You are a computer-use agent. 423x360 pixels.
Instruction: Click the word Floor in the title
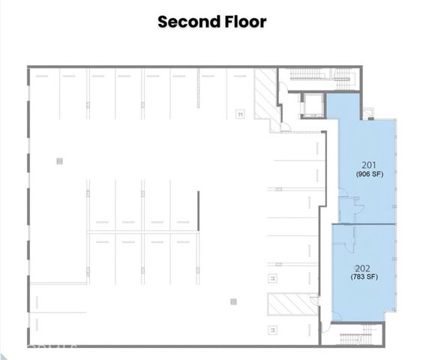243,22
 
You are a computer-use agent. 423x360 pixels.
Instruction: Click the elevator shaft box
311,106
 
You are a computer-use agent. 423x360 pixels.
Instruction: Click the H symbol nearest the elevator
240,114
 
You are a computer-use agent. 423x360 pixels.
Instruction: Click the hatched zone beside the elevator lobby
264,94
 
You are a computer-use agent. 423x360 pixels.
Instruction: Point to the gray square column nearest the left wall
58,160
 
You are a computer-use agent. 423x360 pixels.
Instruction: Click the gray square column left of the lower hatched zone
233,301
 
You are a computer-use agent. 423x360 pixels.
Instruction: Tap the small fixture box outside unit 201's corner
369,112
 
